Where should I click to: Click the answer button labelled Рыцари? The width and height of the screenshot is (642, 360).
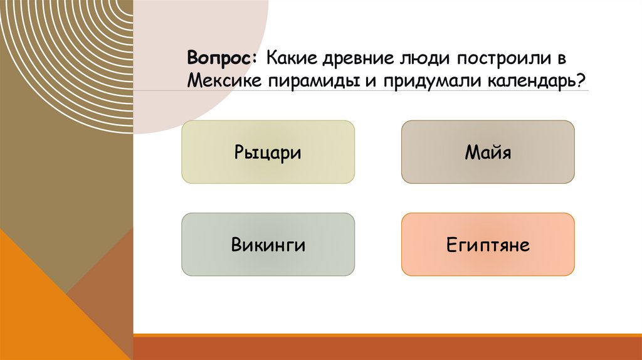pos(268,152)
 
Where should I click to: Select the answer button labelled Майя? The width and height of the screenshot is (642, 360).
pos(488,152)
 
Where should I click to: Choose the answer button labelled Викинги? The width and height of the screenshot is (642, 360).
pos(268,244)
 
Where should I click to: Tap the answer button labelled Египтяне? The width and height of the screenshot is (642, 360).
pos(488,244)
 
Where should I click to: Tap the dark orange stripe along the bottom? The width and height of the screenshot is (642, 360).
pos(387,349)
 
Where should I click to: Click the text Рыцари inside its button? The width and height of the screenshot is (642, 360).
pos(268,152)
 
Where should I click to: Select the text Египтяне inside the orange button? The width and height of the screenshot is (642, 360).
pos(488,245)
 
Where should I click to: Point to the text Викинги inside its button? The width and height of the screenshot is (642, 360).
pos(268,245)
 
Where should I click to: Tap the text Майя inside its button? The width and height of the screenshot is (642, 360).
pos(488,152)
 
